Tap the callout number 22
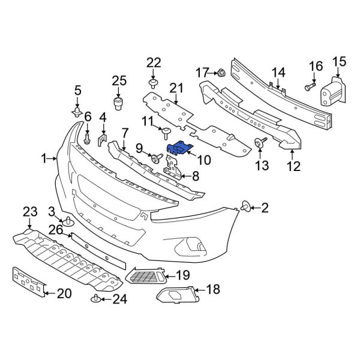pos(154,63)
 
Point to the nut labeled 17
pos(220,73)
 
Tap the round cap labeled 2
pos(246,208)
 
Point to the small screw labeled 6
pos(88,139)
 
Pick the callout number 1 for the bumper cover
pos(44,158)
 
